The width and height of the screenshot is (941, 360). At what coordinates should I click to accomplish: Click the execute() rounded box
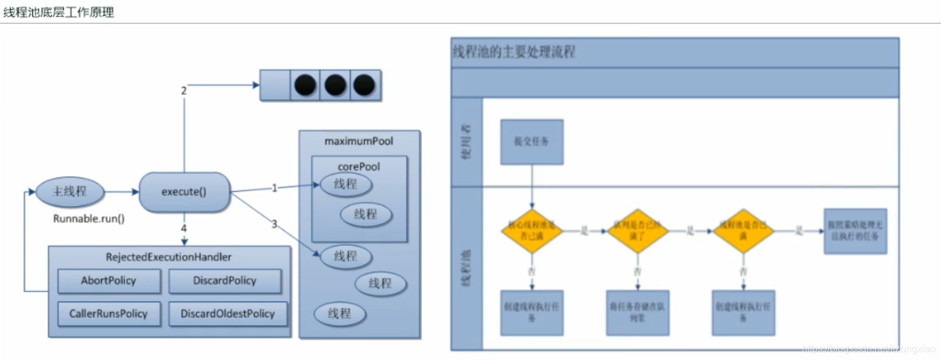click(x=184, y=192)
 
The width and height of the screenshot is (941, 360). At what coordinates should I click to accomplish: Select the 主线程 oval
click(x=70, y=192)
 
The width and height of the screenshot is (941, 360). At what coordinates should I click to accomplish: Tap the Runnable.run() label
click(x=89, y=218)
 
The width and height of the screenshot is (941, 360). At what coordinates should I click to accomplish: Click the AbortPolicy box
click(x=109, y=281)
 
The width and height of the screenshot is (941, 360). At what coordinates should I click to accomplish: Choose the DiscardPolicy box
click(x=225, y=281)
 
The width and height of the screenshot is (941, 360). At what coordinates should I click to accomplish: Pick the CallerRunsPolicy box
click(x=110, y=314)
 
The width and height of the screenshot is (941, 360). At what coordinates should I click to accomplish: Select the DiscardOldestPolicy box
click(x=228, y=314)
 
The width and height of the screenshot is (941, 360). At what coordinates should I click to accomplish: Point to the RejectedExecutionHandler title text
click(x=170, y=257)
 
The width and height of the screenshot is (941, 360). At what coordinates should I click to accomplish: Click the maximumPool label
click(x=359, y=142)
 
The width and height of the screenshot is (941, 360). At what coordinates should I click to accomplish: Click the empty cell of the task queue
click(x=275, y=85)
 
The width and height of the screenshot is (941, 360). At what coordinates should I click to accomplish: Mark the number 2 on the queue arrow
click(x=183, y=90)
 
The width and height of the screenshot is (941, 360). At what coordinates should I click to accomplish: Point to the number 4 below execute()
click(x=183, y=228)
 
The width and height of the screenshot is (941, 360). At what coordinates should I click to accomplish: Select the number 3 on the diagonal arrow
click(x=274, y=224)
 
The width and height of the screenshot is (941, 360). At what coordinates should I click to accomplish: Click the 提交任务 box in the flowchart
click(x=532, y=142)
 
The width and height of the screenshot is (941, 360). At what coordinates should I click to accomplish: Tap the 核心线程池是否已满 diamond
click(x=532, y=231)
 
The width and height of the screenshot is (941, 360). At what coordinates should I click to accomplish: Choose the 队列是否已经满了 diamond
click(x=637, y=231)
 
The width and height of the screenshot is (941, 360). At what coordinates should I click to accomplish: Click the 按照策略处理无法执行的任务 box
click(x=854, y=231)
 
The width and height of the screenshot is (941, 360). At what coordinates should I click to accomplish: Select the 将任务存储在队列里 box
click(x=637, y=312)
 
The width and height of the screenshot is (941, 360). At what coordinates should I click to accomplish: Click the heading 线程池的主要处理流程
click(x=514, y=52)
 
